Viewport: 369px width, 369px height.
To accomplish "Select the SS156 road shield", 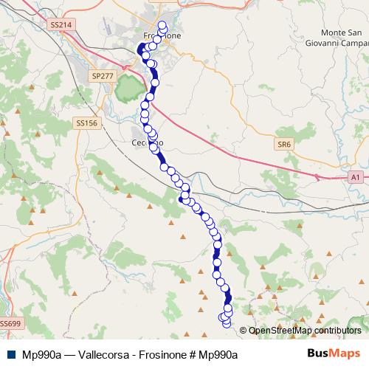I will point(86,123).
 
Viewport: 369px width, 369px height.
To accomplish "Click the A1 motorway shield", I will point(356,178).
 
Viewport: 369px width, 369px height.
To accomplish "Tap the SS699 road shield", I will point(10,323).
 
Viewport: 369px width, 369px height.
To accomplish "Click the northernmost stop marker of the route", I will point(162,24).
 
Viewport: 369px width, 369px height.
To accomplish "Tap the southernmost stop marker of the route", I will point(227,323).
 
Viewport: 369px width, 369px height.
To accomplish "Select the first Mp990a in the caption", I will point(41,354).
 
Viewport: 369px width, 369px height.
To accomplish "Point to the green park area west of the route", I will point(131,89).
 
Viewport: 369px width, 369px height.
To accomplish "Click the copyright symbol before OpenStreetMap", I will point(244,331).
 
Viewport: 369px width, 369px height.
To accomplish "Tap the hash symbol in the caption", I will point(193,354).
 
